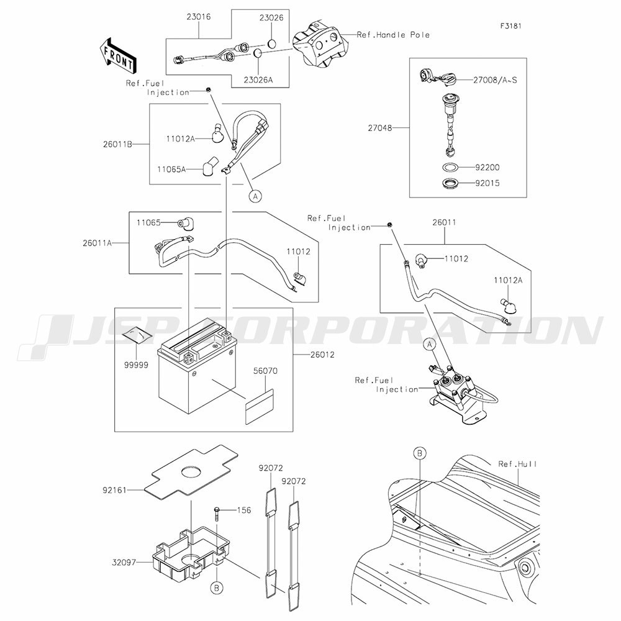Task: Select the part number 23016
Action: coord(199,17)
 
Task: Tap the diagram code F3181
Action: coord(510,26)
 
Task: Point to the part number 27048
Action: coord(380,128)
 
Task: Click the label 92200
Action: coord(487,168)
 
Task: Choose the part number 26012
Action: coord(322,355)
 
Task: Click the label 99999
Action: coord(137,365)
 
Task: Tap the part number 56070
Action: coord(265,371)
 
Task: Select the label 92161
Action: coord(114,491)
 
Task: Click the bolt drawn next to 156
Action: coord(217,514)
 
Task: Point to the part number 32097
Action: coord(124,563)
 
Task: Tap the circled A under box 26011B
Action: coord(255,196)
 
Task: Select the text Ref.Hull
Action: coord(518,464)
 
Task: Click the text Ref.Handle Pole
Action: coord(393,35)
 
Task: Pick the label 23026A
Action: coord(258,80)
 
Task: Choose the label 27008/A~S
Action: coord(495,80)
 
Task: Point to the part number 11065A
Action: coord(171,170)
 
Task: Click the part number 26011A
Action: coord(97,243)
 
